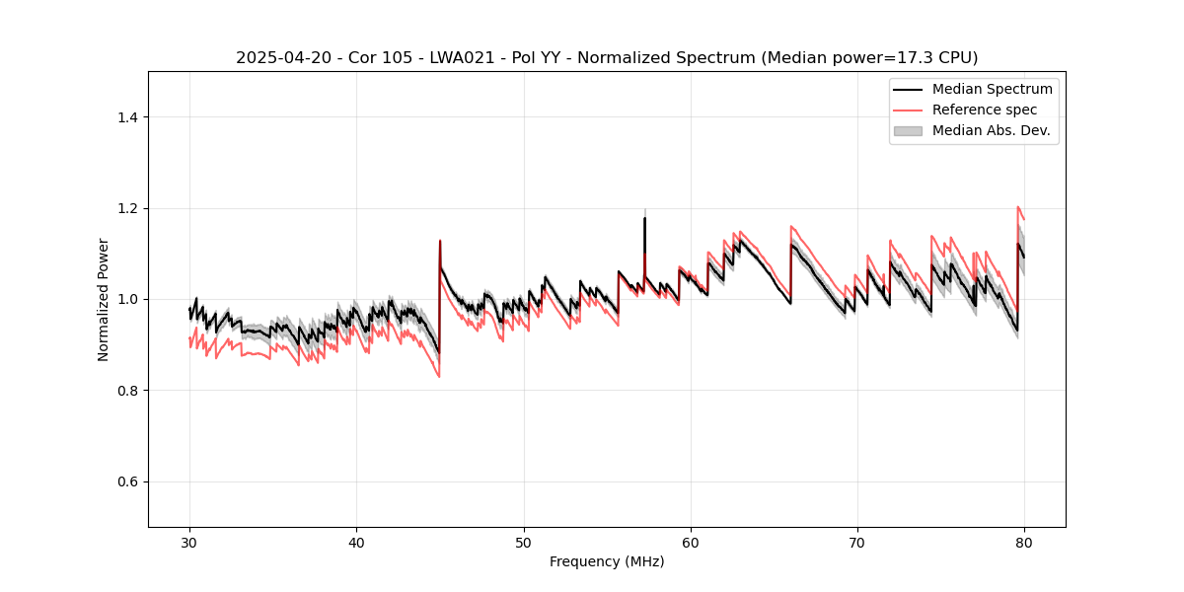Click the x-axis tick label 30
point(189,543)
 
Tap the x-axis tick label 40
point(356,543)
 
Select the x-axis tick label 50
point(524,543)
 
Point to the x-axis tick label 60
point(691,543)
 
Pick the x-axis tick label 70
point(857,543)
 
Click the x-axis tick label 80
point(1024,543)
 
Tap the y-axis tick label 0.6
point(127,481)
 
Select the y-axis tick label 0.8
point(127,391)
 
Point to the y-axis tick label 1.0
point(127,299)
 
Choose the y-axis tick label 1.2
point(127,208)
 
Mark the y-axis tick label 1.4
point(127,117)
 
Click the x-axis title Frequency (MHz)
point(607,561)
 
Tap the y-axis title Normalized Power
point(104,299)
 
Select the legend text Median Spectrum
point(992,89)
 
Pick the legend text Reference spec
point(985,110)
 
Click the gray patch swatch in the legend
point(908,130)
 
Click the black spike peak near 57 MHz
point(644,218)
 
